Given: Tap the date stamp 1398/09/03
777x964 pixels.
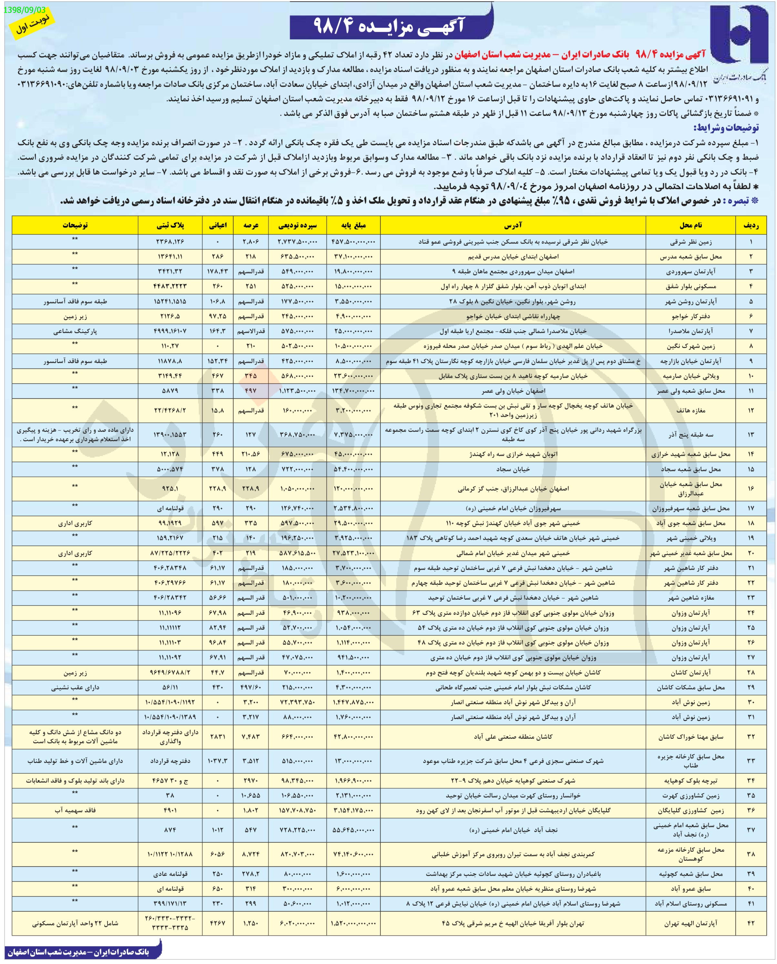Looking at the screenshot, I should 24,10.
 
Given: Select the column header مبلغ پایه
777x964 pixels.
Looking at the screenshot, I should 354,225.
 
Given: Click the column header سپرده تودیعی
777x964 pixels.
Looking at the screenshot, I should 298,225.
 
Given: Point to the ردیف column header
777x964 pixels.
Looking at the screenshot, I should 751,225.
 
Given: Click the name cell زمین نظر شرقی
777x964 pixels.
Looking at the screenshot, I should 691,242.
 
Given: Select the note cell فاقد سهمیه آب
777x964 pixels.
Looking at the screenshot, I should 75,810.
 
